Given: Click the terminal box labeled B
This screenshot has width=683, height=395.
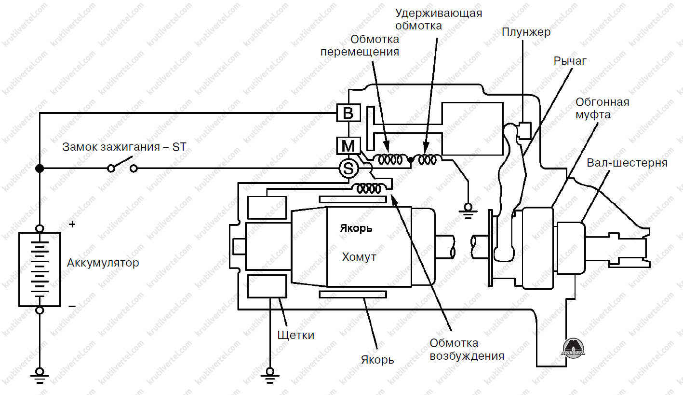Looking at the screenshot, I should point(348,113).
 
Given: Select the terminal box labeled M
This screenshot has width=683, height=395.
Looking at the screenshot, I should point(348,145).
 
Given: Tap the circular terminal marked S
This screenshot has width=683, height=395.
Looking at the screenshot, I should point(348,169).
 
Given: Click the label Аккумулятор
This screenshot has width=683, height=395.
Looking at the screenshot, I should point(103,263).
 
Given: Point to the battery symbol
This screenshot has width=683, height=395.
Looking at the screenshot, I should point(40,269).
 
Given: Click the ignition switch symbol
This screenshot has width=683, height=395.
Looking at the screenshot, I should point(122,165).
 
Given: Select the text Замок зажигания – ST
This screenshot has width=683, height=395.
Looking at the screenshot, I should point(124,147).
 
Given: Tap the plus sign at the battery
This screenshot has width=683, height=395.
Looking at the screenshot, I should point(72,224).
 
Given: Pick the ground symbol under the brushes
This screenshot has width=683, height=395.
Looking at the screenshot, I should point(270,373).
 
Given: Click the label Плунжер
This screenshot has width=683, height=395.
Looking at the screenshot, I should point(526,32).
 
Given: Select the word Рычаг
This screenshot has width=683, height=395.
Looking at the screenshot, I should point(570,61).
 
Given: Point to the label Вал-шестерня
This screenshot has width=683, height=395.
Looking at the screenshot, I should point(627,163).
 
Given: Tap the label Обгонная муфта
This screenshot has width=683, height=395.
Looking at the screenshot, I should point(603,109).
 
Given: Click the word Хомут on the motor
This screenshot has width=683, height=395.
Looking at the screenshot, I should point(359,257).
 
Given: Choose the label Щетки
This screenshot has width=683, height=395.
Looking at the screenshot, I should point(296,335).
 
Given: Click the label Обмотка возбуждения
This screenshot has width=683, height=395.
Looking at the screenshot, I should point(467,350).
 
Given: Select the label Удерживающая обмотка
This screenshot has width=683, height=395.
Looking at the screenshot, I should point(438,19).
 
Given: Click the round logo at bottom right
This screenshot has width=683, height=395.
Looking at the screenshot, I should point(573,346).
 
